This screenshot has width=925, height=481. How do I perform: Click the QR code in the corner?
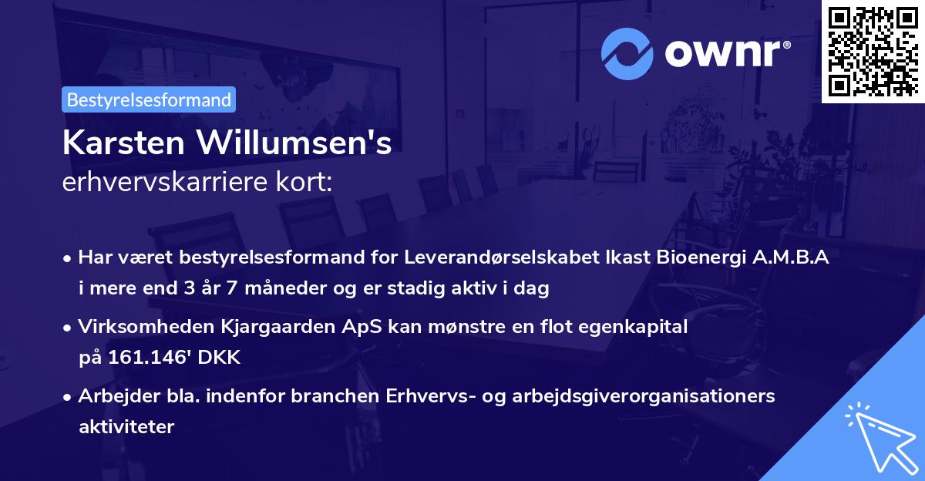pyautogui.click(x=873, y=52)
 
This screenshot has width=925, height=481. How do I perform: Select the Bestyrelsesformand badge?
pyautogui.click(x=149, y=99)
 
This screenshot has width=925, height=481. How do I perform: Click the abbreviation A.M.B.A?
pyautogui.click(x=793, y=257)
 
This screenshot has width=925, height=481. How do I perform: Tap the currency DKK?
pyautogui.click(x=222, y=358)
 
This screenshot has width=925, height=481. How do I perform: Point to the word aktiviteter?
pyautogui.click(x=126, y=427)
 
